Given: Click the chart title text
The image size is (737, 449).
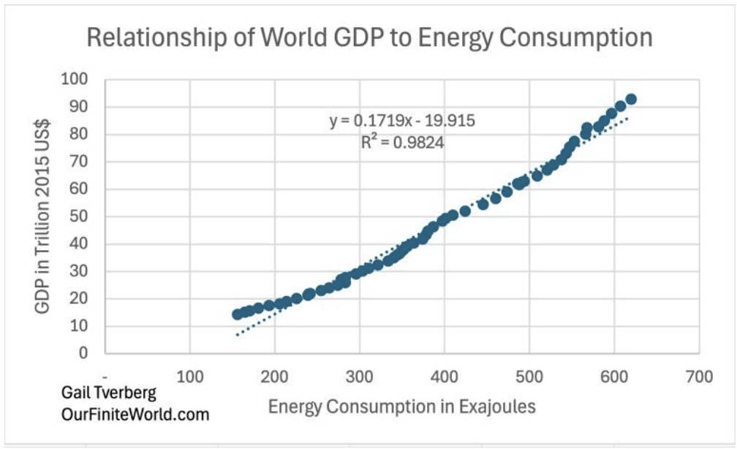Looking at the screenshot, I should (369, 37).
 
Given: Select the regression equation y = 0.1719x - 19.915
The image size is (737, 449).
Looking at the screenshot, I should (402, 121).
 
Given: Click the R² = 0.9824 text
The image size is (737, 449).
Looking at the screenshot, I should (402, 142).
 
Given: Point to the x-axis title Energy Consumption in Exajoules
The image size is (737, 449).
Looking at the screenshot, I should (401, 407).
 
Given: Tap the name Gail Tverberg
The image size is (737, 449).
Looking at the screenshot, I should (109, 393).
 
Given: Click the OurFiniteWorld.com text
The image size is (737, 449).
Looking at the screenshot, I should (135, 414).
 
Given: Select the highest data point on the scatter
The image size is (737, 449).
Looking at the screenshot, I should (631, 99).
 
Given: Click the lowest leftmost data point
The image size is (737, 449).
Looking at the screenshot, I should (238, 314).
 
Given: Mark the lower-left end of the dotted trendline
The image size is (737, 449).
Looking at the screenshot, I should (237, 336).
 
